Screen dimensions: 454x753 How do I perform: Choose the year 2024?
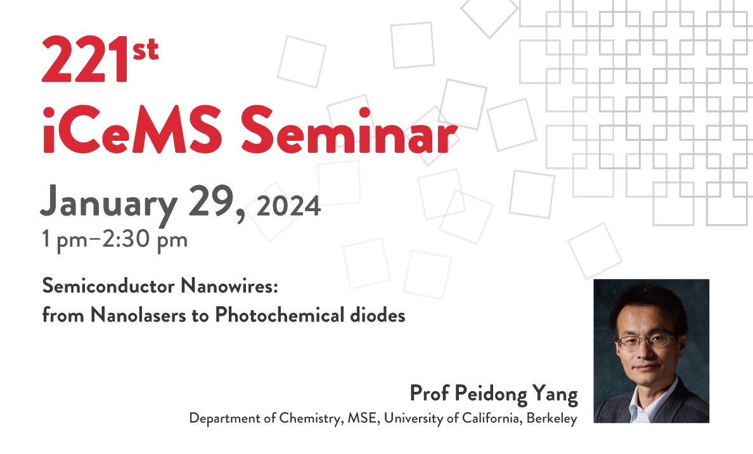pos(288,207)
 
